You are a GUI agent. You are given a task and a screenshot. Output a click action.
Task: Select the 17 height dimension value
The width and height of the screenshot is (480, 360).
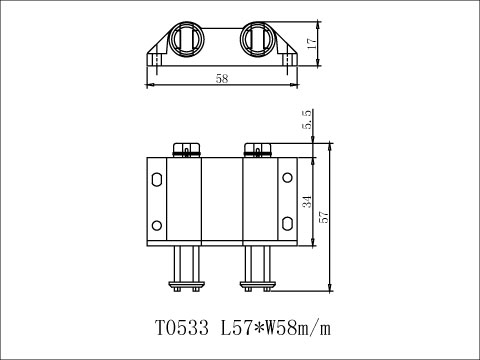(311, 45)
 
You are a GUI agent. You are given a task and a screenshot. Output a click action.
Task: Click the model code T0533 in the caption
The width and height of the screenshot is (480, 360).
(184, 327)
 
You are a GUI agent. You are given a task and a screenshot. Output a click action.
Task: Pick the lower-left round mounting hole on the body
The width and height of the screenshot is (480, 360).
(156, 223)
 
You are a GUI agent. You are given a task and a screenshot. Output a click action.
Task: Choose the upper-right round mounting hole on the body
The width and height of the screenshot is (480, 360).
(288, 178)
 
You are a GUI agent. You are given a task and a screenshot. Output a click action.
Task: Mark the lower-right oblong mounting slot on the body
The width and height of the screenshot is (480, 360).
(288, 223)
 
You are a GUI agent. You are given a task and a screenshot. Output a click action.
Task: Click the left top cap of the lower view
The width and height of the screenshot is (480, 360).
(186, 152)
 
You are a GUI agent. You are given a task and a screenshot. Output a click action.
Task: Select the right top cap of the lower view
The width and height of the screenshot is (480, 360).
(259, 152)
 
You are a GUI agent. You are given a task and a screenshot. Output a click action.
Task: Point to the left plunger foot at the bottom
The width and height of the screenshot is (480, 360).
(186, 286)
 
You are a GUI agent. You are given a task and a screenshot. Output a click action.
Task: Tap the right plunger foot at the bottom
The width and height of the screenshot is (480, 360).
(259, 286)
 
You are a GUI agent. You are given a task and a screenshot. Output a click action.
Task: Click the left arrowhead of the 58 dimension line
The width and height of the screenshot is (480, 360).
(150, 85)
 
